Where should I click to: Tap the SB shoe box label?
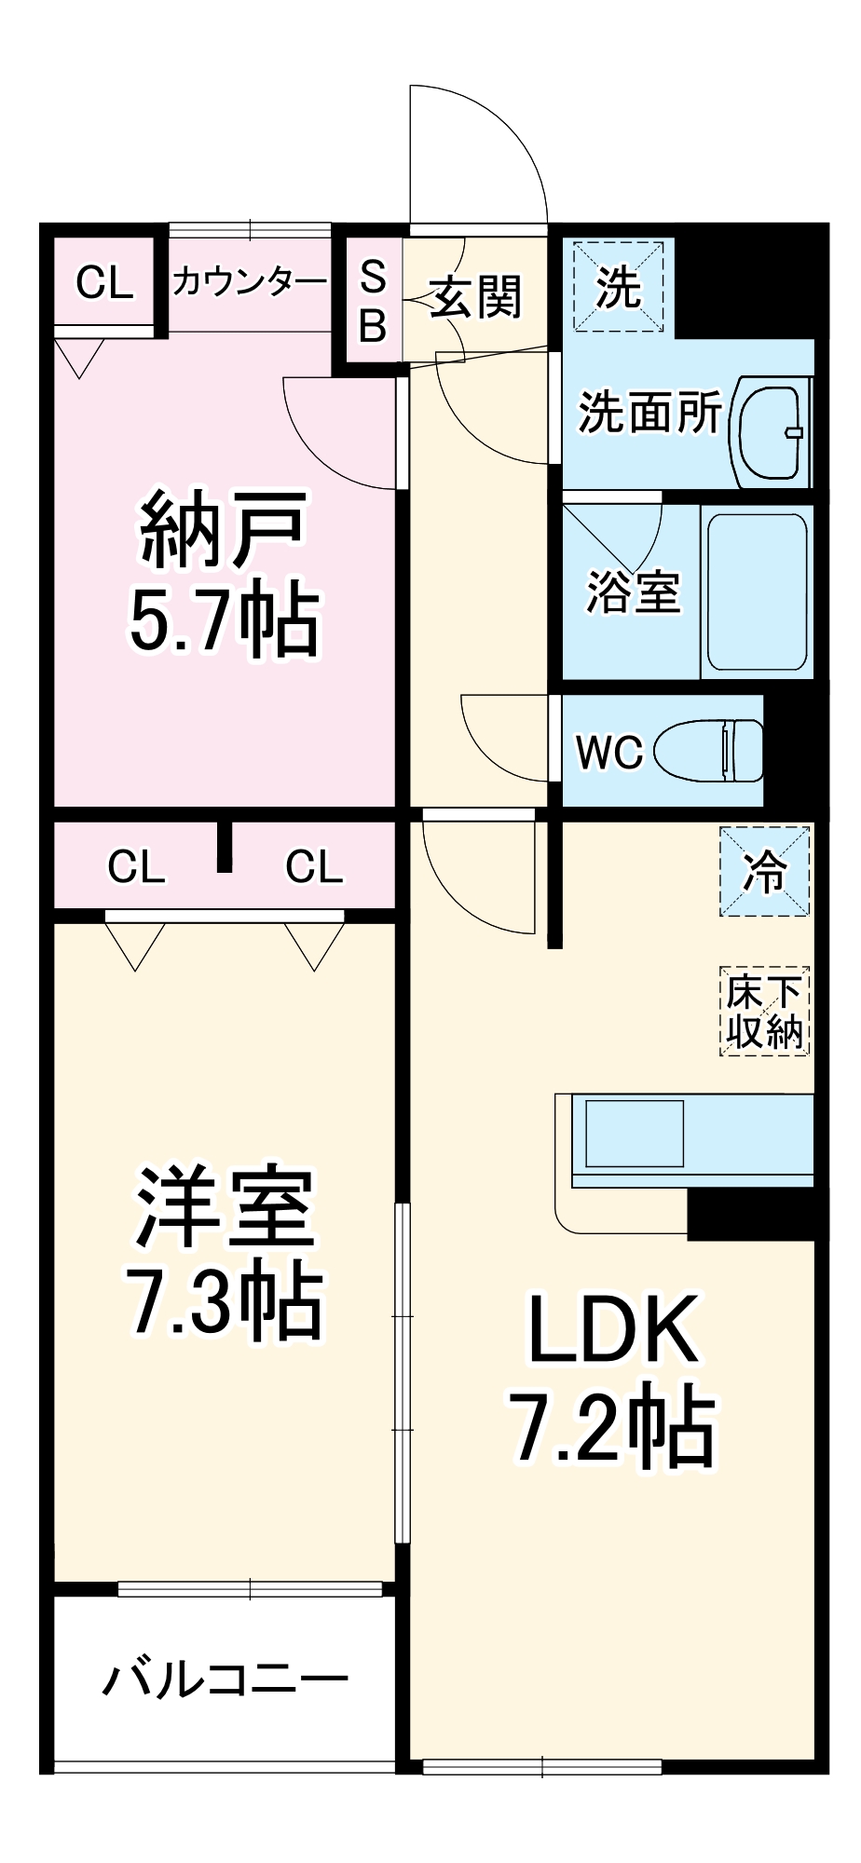(373, 301)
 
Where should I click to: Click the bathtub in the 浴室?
(757, 591)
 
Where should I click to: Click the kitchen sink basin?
(633, 1133)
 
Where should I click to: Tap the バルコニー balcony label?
(225, 1679)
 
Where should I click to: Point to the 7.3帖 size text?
(226, 1300)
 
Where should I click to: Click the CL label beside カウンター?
(104, 282)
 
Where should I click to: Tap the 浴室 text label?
(633, 591)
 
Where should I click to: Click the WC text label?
(609, 752)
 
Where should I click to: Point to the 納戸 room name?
(224, 531)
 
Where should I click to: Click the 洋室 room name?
(225, 1207)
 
